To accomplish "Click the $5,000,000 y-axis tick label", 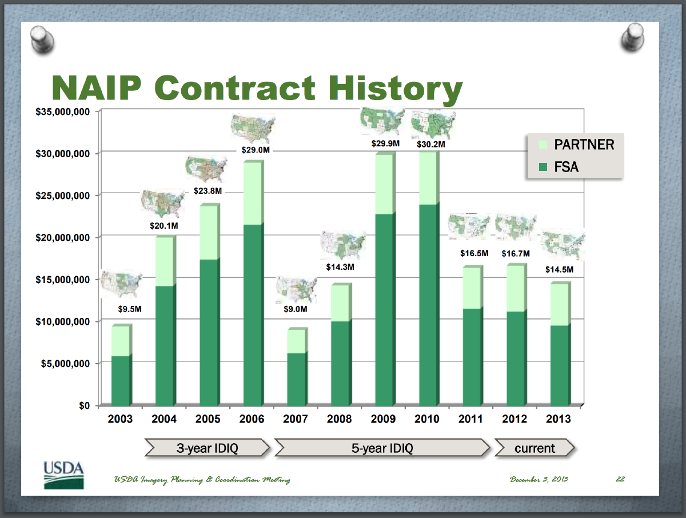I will (63, 364).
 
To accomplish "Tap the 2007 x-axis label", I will (296, 419).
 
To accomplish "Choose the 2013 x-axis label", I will (559, 419).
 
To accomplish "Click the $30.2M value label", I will (430, 144).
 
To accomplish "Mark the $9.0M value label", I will (296, 309).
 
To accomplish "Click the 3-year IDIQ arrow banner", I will (208, 448).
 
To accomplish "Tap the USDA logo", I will (63, 474).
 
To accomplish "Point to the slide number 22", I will (620, 479).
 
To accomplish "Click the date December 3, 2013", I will (539, 479).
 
